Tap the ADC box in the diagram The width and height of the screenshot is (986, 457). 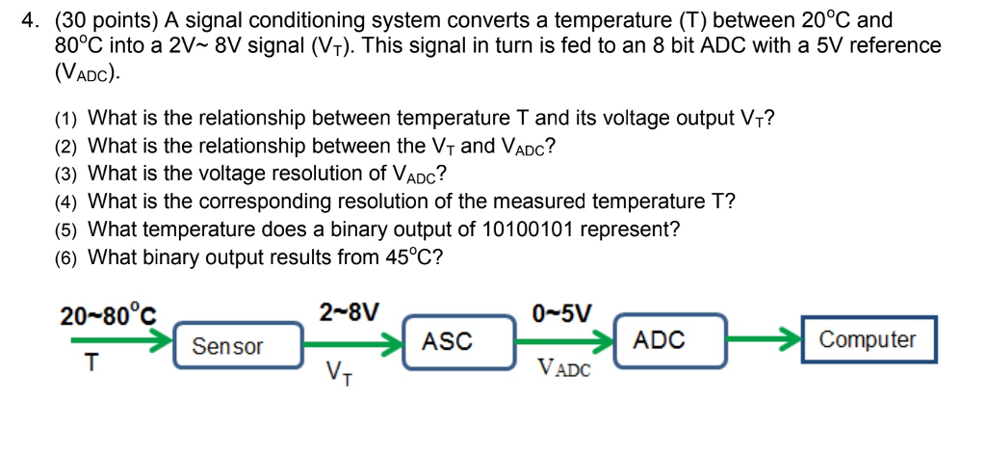pyautogui.click(x=660, y=339)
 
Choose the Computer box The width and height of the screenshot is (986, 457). pyautogui.click(x=868, y=339)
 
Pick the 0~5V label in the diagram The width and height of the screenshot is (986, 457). pyautogui.click(x=562, y=312)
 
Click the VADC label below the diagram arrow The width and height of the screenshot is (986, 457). pyautogui.click(x=565, y=367)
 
